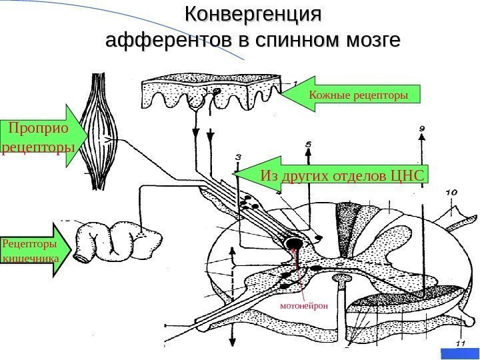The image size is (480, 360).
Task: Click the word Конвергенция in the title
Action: (253, 14)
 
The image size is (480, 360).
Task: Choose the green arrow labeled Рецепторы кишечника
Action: (32, 249)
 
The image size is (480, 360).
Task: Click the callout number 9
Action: (421, 127)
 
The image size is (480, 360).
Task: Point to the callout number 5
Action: (308, 143)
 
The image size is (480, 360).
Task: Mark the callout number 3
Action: (239, 156)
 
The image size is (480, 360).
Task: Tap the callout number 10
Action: (451, 193)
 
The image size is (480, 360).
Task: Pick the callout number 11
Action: (459, 343)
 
